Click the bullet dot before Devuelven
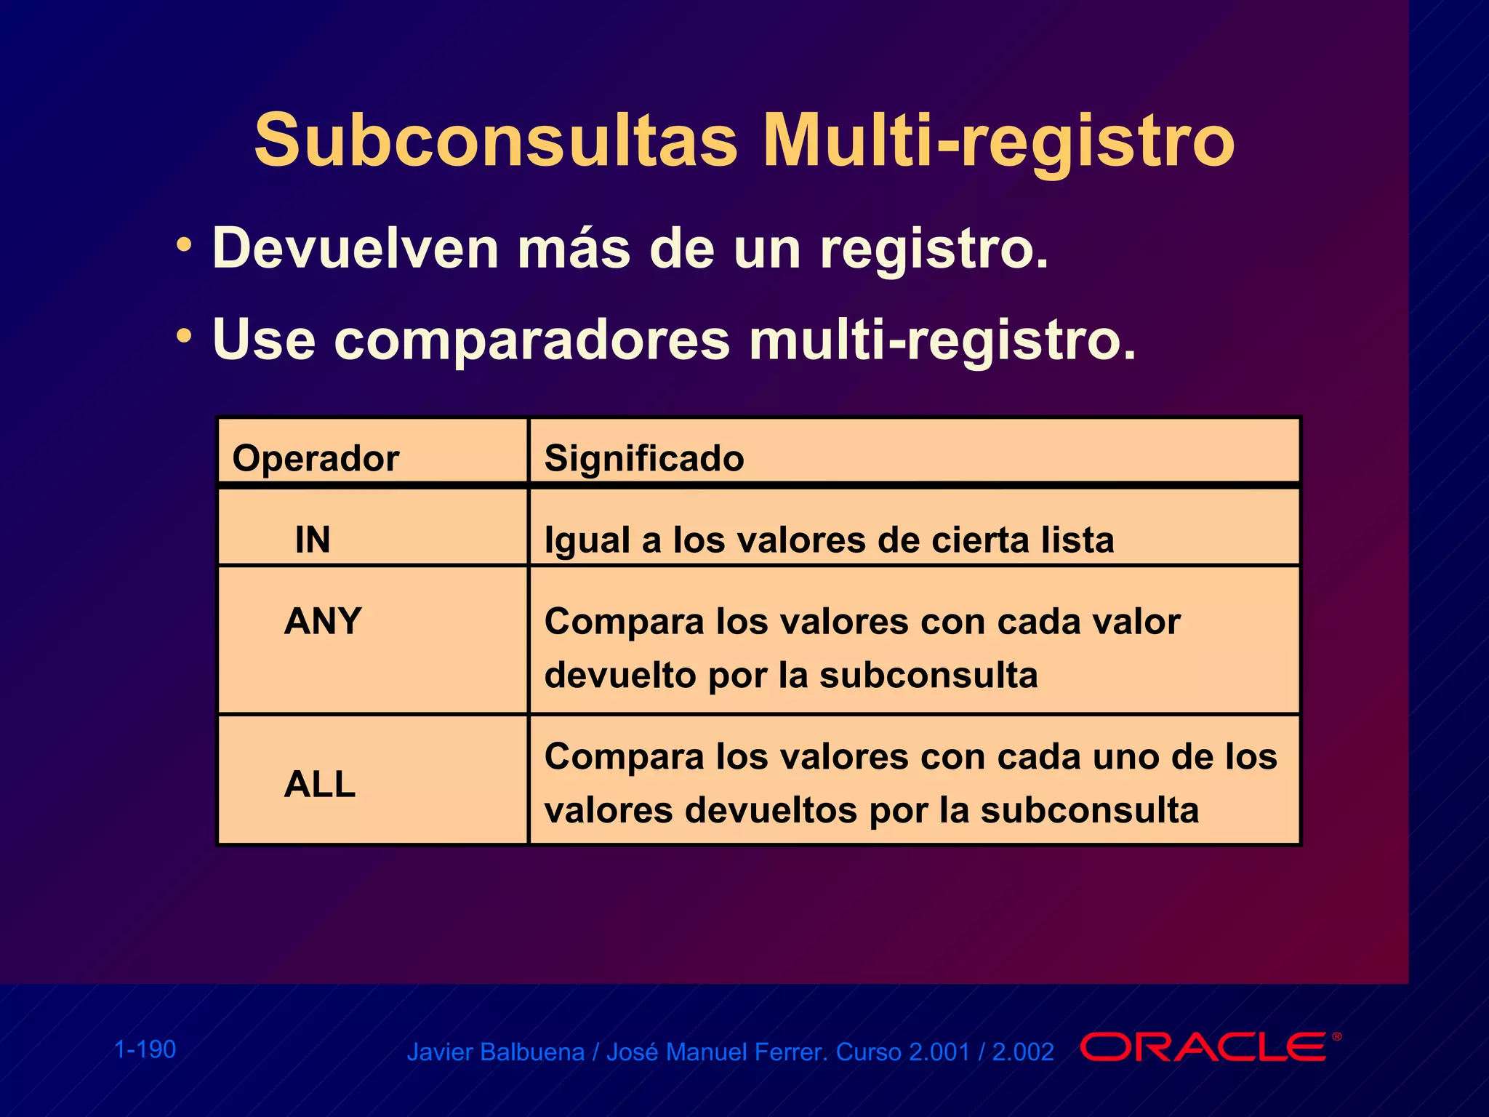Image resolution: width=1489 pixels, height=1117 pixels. pyautogui.click(x=184, y=244)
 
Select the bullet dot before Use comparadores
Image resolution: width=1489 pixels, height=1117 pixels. pyautogui.click(x=184, y=335)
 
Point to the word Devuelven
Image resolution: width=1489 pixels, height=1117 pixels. pyautogui.click(x=355, y=249)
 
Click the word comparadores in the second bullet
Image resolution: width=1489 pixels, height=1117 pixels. pyautogui.click(x=531, y=340)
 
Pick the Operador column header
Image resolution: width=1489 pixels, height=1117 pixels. pyautogui.click(x=316, y=458)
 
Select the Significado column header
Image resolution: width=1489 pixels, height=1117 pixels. pyautogui.click(x=644, y=458)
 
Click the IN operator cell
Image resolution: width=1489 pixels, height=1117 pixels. pyautogui.click(x=313, y=540)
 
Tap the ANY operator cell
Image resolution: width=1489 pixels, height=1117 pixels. pyautogui.click(x=323, y=622)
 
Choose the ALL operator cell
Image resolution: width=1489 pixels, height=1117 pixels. pyautogui.click(x=320, y=784)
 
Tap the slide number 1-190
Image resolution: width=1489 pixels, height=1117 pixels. pyautogui.click(x=145, y=1049)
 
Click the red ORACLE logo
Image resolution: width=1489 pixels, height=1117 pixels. pyautogui.click(x=1208, y=1047)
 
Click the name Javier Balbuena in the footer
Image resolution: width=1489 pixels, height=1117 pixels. pyautogui.click(x=495, y=1052)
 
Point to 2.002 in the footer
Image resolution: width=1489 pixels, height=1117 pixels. pyautogui.click(x=1023, y=1052)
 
